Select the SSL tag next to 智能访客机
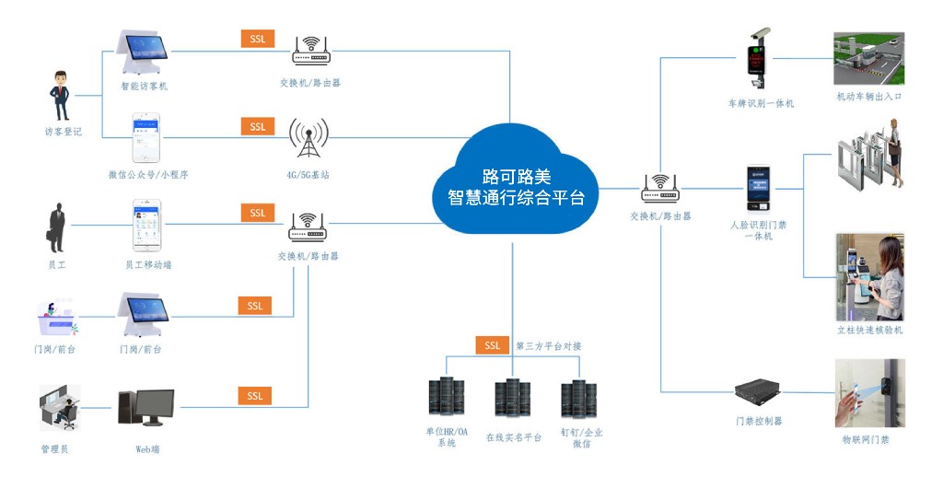click(257, 39)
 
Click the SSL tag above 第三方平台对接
click(493, 345)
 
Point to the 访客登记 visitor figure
click(61, 95)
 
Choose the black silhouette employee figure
click(56, 227)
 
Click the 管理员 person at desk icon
click(61, 409)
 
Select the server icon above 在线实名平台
click(513, 401)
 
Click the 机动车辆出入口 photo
click(868, 58)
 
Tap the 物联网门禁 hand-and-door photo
click(868, 394)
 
